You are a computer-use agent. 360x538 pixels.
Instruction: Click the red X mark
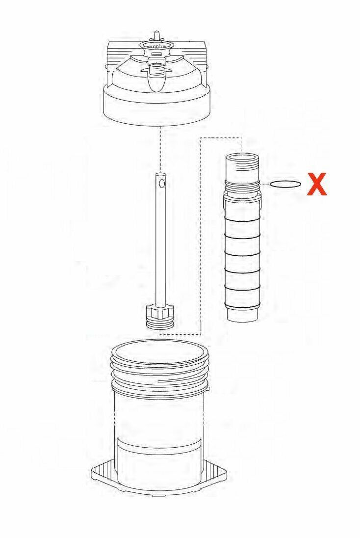[x=317, y=184]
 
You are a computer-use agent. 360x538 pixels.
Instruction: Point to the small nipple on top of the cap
[x=156, y=35]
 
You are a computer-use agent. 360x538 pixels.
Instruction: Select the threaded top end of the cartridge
[x=242, y=168]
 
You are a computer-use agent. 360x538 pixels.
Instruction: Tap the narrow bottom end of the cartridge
[x=243, y=315]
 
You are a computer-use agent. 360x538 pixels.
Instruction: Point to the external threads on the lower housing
[x=160, y=372]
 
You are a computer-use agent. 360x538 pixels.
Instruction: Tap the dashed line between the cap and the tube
[x=160, y=150]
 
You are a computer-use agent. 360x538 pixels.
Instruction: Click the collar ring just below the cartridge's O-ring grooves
[x=242, y=200]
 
